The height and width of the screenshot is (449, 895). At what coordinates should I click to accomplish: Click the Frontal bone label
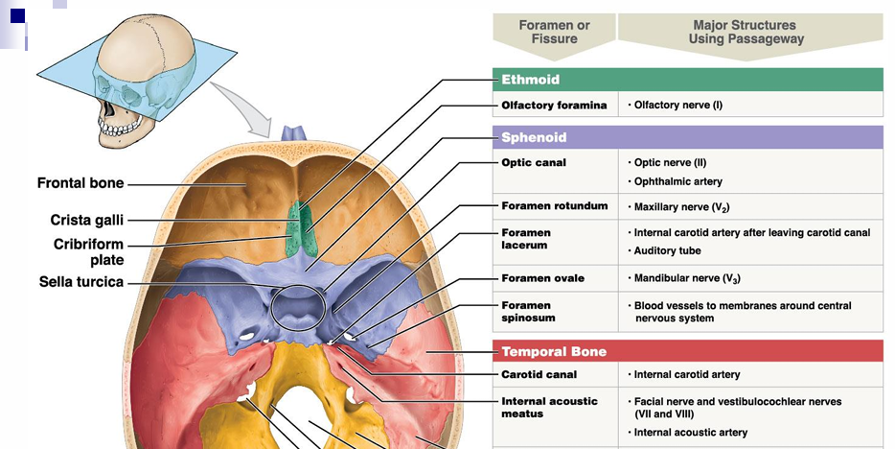[x=80, y=183]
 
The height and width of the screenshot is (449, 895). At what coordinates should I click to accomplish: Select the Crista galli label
[x=86, y=220]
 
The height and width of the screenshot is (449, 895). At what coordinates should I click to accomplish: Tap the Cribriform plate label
[x=88, y=251]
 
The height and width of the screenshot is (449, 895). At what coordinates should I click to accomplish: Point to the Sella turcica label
[x=81, y=282]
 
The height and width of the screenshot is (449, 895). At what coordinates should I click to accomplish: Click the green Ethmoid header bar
[x=687, y=80]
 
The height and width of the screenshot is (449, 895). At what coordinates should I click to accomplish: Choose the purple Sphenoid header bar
[x=687, y=137]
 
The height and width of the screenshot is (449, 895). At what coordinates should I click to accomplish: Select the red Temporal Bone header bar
[x=687, y=351]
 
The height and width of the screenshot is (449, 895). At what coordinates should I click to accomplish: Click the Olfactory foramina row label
[x=554, y=106]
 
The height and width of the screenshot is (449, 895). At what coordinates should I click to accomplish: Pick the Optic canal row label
[x=534, y=163]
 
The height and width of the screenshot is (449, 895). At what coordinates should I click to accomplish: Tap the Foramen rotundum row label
[x=554, y=206]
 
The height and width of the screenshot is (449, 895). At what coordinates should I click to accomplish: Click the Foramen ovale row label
[x=542, y=278]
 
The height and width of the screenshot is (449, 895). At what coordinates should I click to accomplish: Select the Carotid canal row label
[x=539, y=374]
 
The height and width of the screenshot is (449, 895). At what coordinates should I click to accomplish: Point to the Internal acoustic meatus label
[x=549, y=407]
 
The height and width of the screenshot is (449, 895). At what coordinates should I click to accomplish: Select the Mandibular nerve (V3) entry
[x=686, y=279]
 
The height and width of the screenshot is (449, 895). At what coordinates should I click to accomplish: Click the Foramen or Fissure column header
[x=554, y=32]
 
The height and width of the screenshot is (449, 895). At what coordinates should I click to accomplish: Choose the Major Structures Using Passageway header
[x=745, y=32]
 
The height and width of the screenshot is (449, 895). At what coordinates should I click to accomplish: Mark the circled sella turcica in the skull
[x=299, y=308]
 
